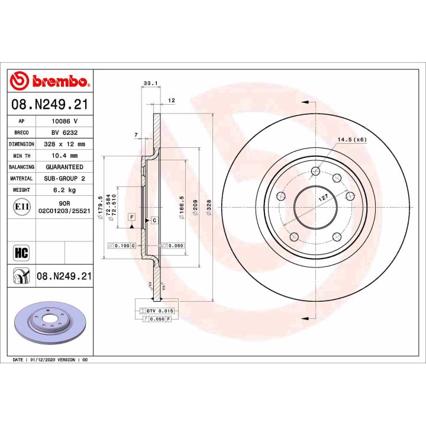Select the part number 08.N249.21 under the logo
pos(50,105)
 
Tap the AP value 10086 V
pos(64,121)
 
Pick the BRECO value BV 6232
pos(64,133)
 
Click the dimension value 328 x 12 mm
pos(64,144)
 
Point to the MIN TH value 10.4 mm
pos(64,156)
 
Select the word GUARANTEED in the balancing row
pos(64,167)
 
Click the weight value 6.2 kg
pos(64,190)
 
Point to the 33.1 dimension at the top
pos(150,83)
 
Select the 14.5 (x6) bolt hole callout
pos(352,140)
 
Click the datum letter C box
pos(154,220)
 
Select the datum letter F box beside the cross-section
pos(131,217)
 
